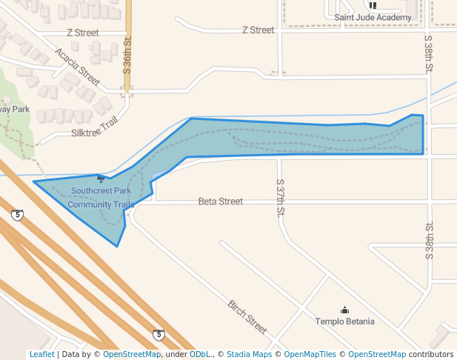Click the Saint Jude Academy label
click(x=373, y=17)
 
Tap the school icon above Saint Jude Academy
click(x=373, y=4)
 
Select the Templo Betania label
click(x=344, y=321)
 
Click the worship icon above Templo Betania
click(x=344, y=310)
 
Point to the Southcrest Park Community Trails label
click(x=101, y=197)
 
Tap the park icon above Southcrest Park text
click(x=101, y=179)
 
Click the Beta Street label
click(x=220, y=201)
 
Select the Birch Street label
click(x=247, y=316)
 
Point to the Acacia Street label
click(x=77, y=66)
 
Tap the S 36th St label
click(x=127, y=55)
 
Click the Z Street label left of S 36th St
click(x=82, y=33)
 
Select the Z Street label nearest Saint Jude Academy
click(x=258, y=30)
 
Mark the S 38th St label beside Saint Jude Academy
click(x=428, y=53)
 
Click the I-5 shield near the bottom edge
click(x=159, y=336)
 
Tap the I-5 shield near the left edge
click(x=17, y=216)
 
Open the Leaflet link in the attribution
click(x=41, y=354)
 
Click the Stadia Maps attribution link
click(x=249, y=354)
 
